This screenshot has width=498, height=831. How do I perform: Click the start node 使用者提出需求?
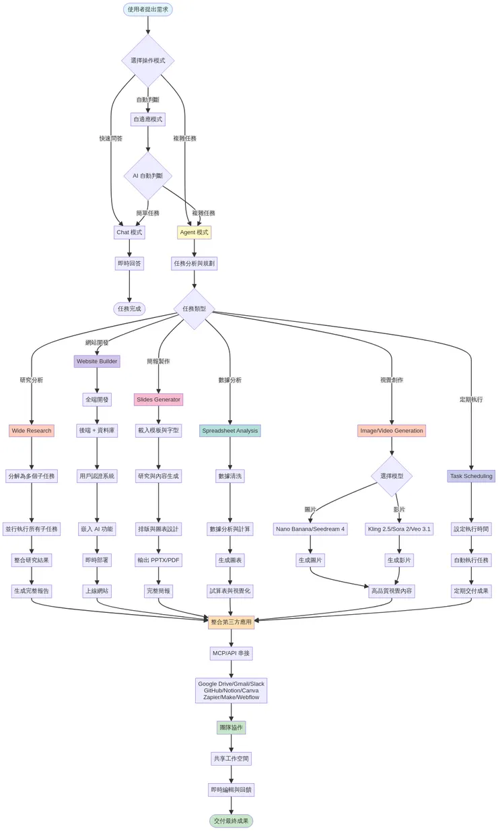(148, 9)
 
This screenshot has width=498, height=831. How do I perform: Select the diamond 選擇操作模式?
(148, 61)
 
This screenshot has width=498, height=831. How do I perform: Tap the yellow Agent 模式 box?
(194, 232)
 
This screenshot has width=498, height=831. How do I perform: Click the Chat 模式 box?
(129, 232)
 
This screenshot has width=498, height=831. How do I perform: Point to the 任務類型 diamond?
(194, 309)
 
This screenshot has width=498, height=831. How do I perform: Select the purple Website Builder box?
(97, 362)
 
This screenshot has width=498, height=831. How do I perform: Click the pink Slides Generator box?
(158, 399)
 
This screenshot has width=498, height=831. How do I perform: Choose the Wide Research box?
(32, 430)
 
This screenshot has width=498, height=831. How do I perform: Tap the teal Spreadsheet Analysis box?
(230, 430)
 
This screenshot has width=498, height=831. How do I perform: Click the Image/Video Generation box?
(392, 430)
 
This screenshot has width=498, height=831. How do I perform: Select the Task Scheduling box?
(471, 476)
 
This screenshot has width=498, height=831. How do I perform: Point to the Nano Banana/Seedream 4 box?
(310, 529)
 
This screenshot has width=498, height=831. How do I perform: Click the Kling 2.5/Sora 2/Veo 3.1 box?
(399, 529)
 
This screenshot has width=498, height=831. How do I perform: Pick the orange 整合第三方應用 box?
(231, 622)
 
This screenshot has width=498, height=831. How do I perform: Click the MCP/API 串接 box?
(231, 653)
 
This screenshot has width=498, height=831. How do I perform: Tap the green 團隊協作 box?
(231, 727)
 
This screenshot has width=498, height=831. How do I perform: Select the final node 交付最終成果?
(231, 821)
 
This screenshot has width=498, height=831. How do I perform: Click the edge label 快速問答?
(111, 139)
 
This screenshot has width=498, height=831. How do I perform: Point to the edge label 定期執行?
(471, 399)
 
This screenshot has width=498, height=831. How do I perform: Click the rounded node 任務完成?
(129, 309)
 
